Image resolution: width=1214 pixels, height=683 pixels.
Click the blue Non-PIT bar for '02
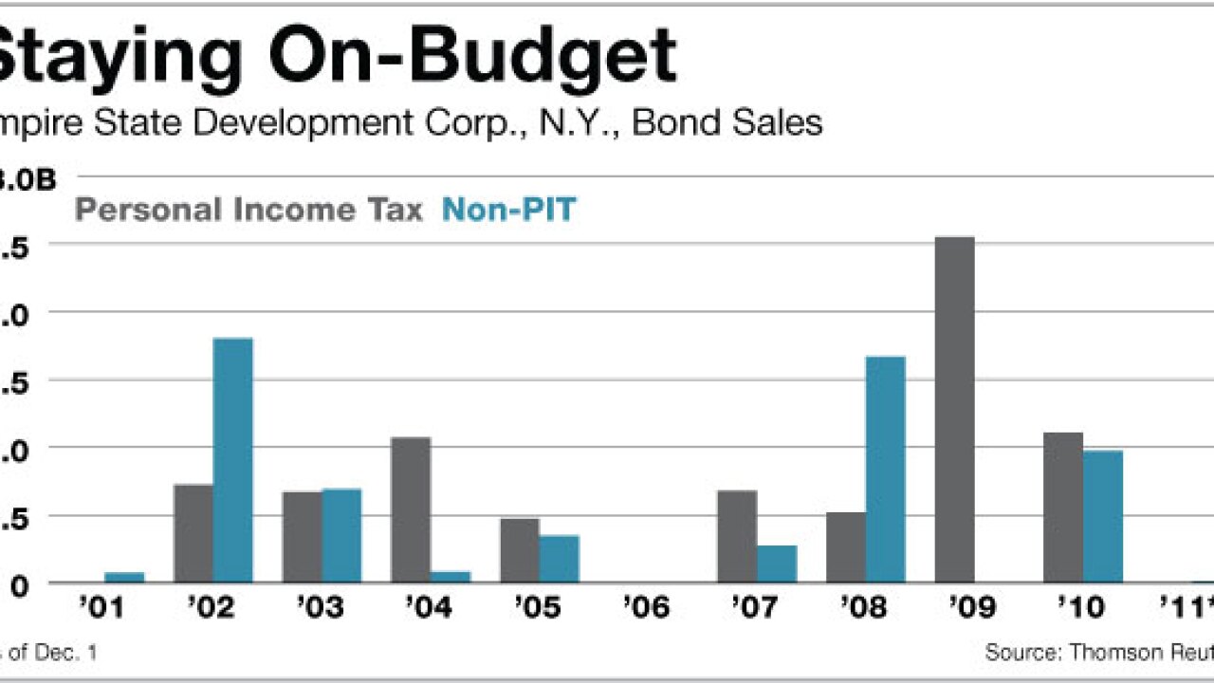pyautogui.click(x=233, y=460)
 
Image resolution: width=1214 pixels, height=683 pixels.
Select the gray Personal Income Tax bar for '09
pyautogui.click(x=954, y=410)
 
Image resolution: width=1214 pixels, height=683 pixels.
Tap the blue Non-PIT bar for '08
pyautogui.click(x=886, y=470)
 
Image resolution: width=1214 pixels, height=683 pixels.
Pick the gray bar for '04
pyautogui.click(x=411, y=510)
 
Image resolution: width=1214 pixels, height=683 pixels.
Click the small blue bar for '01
pyautogui.click(x=124, y=577)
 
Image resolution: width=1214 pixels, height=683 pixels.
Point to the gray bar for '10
pyautogui.click(x=1063, y=508)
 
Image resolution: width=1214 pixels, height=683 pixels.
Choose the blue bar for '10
pyautogui.click(x=1103, y=517)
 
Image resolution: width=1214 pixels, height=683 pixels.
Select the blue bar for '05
pyautogui.click(x=560, y=559)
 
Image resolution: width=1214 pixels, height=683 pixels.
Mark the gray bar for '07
pyautogui.click(x=737, y=537)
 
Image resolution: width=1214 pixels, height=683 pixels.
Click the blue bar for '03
pyautogui.click(x=341, y=536)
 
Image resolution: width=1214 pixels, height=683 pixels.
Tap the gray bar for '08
pyautogui.click(x=846, y=547)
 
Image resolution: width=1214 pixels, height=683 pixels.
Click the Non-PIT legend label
pyautogui.click(x=509, y=210)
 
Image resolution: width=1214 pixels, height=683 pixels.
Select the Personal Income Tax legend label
pyautogui.click(x=248, y=210)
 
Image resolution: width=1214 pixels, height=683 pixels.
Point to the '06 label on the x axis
pyautogui.click(x=647, y=607)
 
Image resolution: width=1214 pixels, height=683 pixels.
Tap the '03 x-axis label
pyautogui.click(x=320, y=607)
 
